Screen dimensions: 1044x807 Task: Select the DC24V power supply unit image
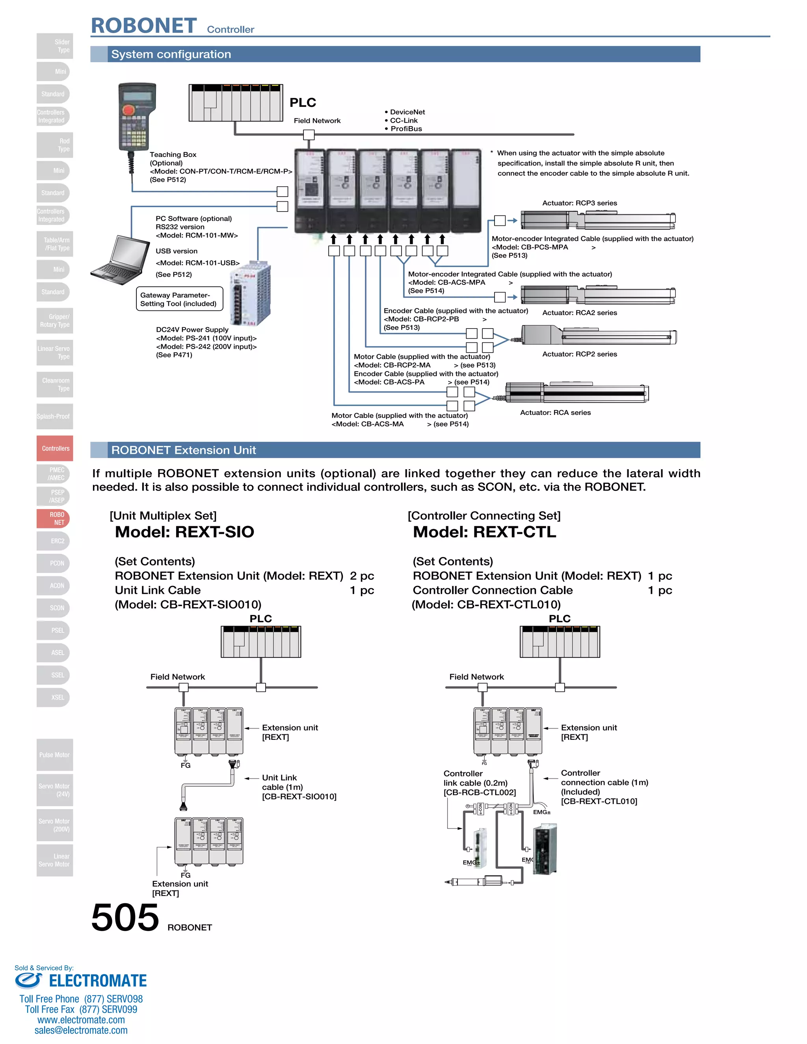(250, 294)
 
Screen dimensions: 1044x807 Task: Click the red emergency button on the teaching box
(128, 110)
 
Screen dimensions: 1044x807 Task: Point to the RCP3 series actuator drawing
(598, 220)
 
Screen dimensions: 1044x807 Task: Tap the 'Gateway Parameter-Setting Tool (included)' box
(179, 299)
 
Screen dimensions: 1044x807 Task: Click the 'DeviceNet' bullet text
(407, 112)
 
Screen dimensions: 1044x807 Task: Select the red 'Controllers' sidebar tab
(55, 448)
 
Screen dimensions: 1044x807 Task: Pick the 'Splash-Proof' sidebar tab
(54, 416)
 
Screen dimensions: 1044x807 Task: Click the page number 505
(125, 917)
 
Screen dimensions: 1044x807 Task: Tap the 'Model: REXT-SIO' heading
(184, 531)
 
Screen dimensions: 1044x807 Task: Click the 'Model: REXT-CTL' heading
(484, 531)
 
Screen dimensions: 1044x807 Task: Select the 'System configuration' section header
(171, 54)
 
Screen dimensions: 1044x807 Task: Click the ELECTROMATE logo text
(98, 981)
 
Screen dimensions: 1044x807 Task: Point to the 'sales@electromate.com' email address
(81, 1030)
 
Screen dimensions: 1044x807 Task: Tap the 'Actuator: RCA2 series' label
(579, 313)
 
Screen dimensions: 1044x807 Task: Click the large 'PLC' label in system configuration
(303, 102)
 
